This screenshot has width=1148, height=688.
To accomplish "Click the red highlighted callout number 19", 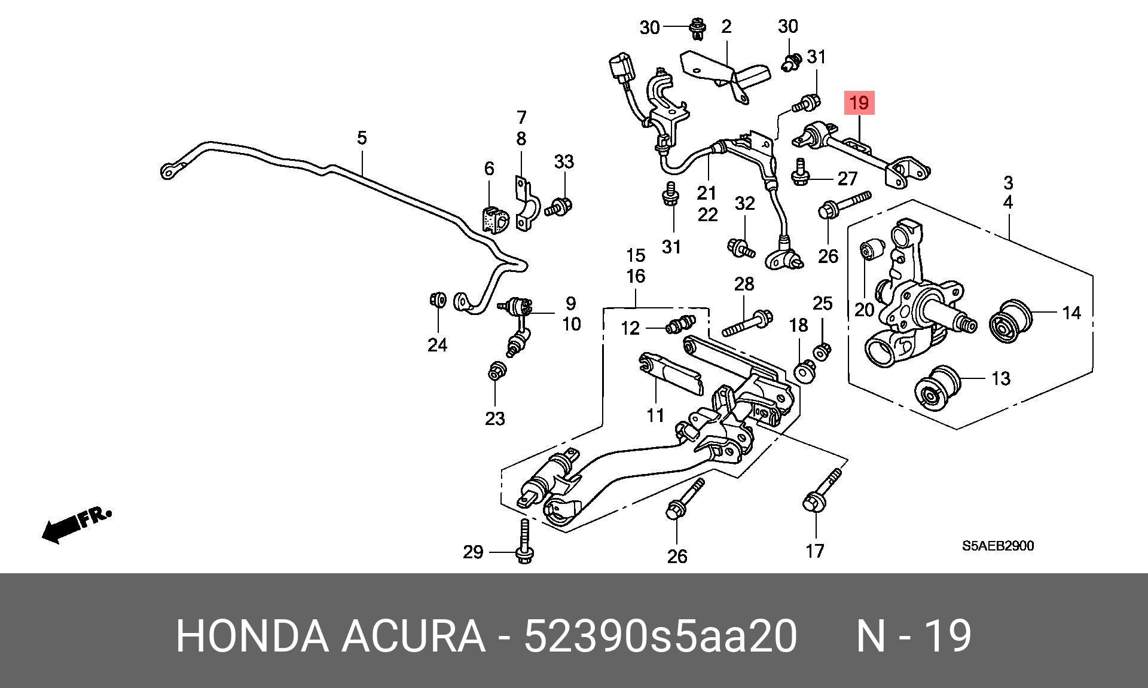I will (x=859, y=103).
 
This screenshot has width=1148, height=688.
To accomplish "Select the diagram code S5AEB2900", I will (x=997, y=546).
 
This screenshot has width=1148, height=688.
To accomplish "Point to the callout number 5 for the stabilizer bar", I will (x=361, y=138).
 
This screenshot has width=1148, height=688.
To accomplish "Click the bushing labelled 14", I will (x=1011, y=322).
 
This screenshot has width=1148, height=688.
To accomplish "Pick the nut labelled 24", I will (x=438, y=298).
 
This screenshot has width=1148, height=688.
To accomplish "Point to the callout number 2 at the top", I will (x=726, y=26).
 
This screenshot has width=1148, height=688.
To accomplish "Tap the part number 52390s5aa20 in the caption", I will (x=660, y=637).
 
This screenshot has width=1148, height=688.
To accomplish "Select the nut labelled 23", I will (x=495, y=372).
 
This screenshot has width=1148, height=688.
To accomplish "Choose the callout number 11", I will (x=655, y=415).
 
